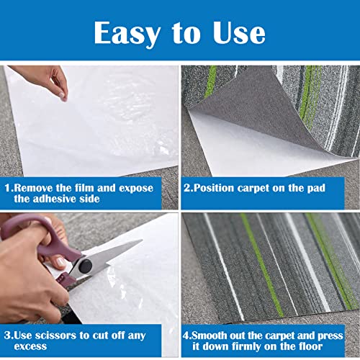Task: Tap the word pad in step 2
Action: click(x=317, y=188)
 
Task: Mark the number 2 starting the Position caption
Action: click(x=186, y=188)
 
